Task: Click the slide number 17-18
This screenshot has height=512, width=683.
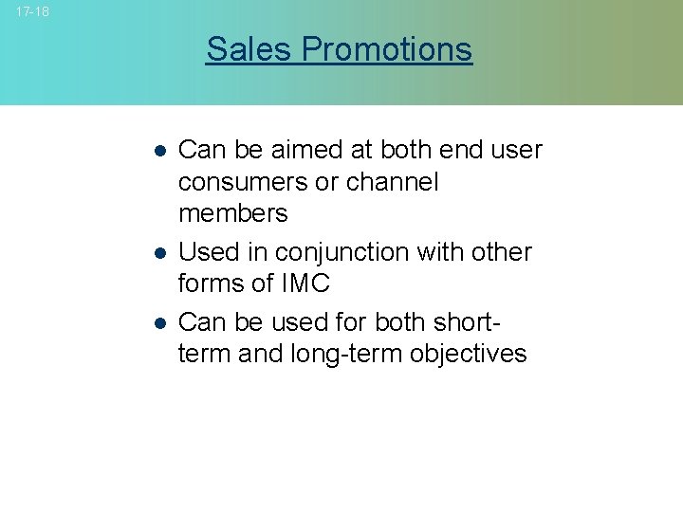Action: pos(32,11)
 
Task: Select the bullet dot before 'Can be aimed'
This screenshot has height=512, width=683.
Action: pos(161,151)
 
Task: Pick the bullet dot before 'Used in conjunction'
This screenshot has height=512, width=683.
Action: pos(161,253)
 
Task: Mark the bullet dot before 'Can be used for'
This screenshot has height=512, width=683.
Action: pos(161,322)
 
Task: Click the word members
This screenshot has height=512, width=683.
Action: pos(232,212)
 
